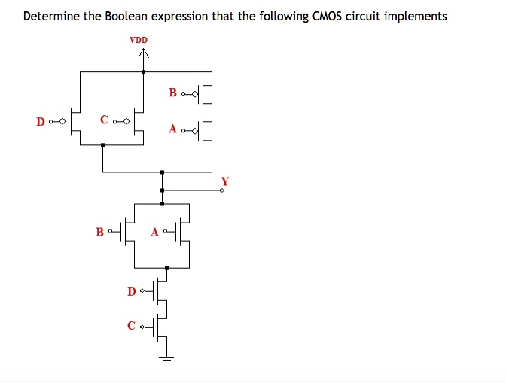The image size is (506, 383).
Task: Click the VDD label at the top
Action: coord(139,39)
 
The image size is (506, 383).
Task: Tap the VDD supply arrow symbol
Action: coord(144,55)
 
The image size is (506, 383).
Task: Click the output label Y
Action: coord(224,181)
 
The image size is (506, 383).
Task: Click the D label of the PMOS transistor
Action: coord(40,120)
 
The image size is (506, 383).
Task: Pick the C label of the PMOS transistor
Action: coord(104,120)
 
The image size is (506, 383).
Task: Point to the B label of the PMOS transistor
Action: coord(173,93)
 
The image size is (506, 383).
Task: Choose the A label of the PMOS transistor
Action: coord(173,129)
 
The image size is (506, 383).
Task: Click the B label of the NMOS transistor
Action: coord(99,231)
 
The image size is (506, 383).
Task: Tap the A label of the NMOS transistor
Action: coord(155,232)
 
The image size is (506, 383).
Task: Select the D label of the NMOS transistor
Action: coord(132,290)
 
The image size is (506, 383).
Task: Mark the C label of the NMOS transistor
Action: coord(132,326)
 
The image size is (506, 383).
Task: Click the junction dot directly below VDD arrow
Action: coord(144,71)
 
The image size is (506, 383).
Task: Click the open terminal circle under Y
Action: coord(223,191)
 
